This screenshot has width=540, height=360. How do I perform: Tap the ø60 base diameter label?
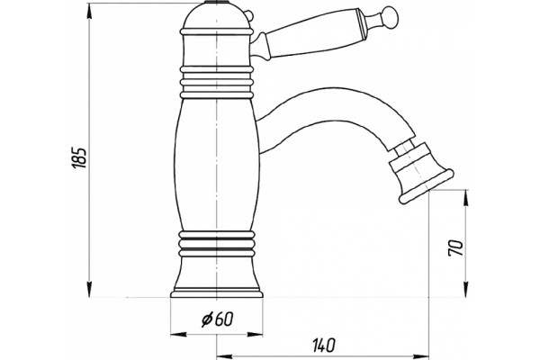click(x=217, y=319)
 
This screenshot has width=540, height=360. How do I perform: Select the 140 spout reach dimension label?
click(x=323, y=346)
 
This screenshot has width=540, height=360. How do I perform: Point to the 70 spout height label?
click(x=455, y=247)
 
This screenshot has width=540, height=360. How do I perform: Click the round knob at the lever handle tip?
click(x=391, y=15)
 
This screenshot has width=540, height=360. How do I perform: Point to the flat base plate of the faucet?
click(x=217, y=294)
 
